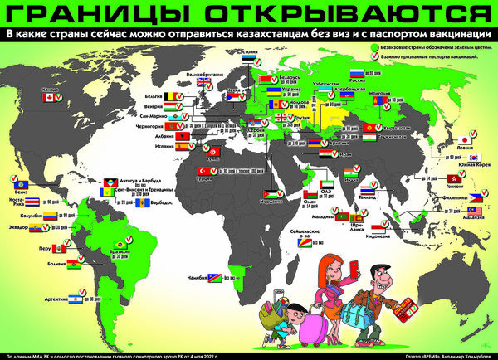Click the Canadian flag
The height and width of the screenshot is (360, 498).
coord(47,97)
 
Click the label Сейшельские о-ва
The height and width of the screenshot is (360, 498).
coord(307,232)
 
